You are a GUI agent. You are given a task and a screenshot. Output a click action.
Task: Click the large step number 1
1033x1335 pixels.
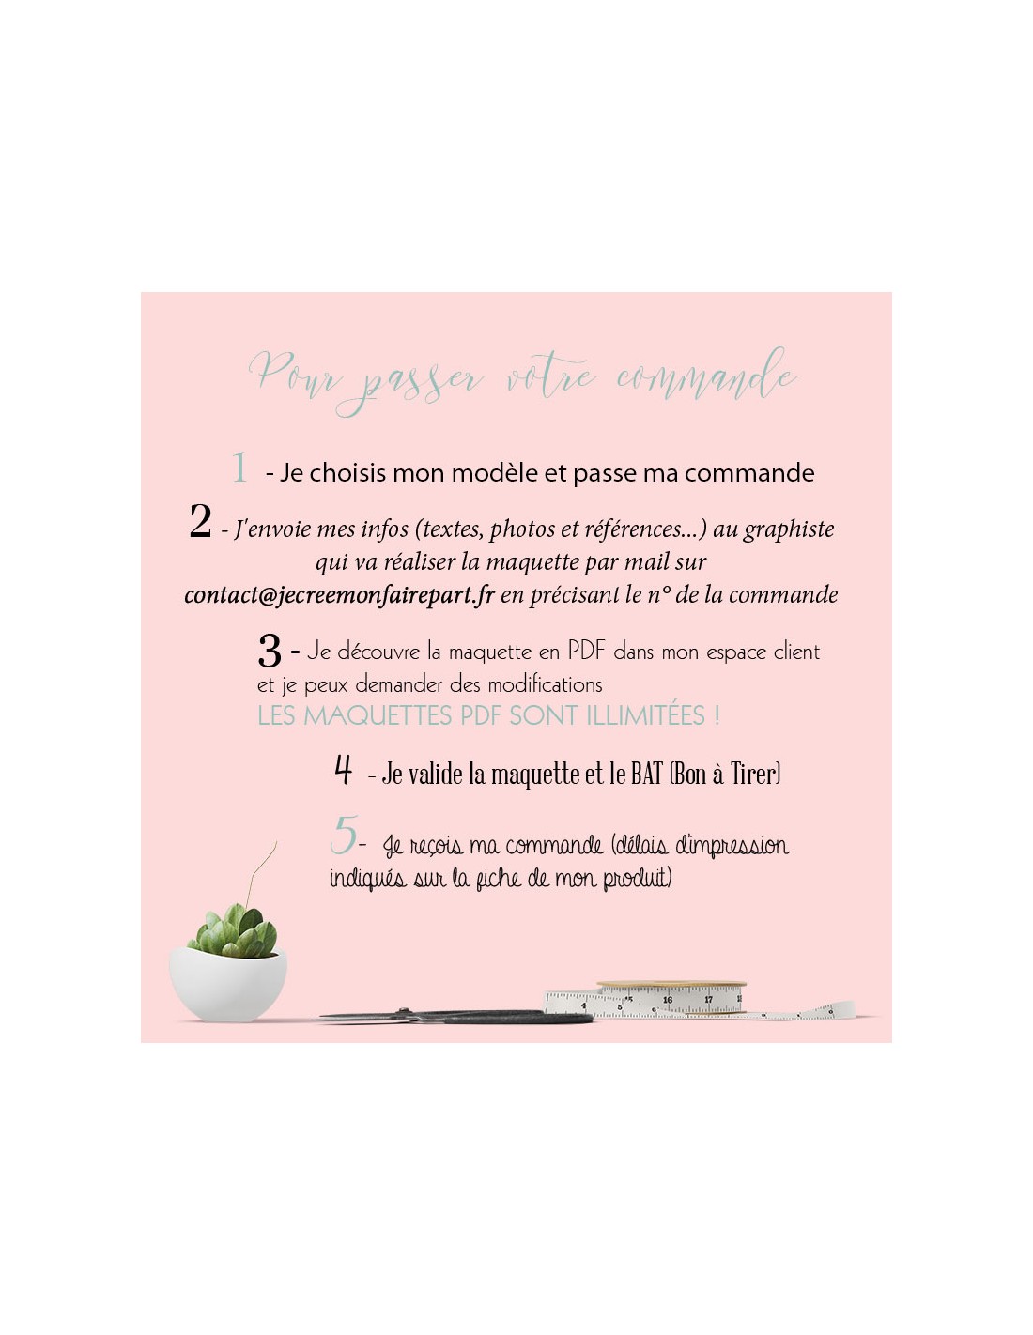(x=239, y=468)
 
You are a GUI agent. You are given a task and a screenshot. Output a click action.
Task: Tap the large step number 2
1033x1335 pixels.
(x=200, y=521)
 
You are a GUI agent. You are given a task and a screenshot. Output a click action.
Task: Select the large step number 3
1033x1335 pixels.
(x=270, y=652)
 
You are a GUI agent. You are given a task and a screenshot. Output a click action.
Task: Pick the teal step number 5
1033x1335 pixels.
(x=343, y=835)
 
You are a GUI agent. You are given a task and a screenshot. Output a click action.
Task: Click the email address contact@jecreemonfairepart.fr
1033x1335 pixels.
(x=339, y=594)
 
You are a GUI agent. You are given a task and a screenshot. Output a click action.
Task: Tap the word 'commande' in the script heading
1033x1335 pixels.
(x=707, y=376)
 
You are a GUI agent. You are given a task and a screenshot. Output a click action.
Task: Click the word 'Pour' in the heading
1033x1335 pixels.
(x=294, y=373)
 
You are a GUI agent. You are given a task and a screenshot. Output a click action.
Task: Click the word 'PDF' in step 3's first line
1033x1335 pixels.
(x=587, y=651)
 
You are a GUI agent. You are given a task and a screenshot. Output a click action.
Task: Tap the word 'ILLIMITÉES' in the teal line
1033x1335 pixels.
(x=645, y=716)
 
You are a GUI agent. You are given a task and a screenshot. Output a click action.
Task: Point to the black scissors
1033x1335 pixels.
(x=455, y=1018)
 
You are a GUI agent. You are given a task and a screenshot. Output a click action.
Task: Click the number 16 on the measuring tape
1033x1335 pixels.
(x=668, y=999)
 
